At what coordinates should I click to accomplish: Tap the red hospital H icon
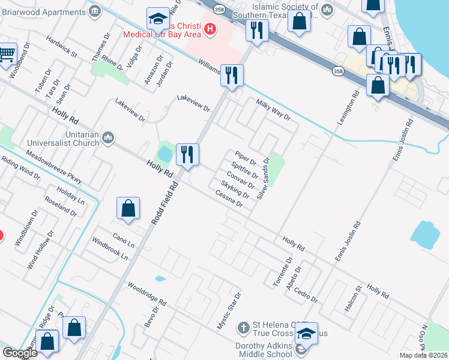pyautogui.click(x=209, y=28)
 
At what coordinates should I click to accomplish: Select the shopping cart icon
pyautogui.click(x=7, y=55)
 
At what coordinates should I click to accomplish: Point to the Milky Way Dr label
pyautogui.click(x=273, y=110)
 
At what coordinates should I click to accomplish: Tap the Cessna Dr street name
pyautogui.click(x=229, y=198)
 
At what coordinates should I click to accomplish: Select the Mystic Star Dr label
pyautogui.click(x=228, y=310)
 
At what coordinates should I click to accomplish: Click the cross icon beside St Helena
pyautogui.click(x=243, y=328)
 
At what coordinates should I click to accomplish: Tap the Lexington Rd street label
pyautogui.click(x=347, y=107)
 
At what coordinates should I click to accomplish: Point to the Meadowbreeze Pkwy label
pyautogui.click(x=53, y=167)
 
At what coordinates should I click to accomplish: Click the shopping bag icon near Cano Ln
pyautogui.click(x=128, y=209)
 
